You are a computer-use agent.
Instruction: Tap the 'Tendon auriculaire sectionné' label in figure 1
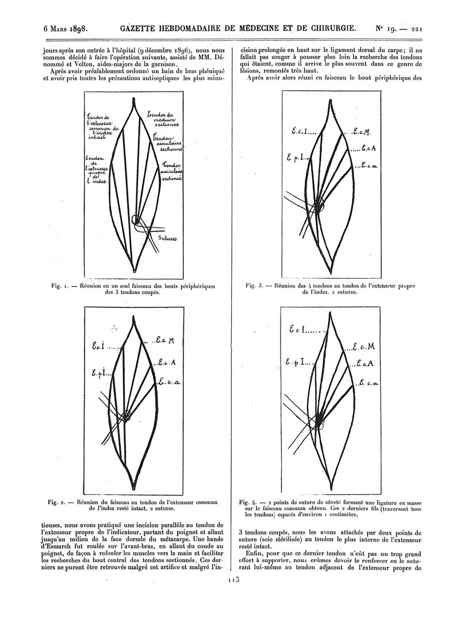pyautogui.click(x=172, y=171)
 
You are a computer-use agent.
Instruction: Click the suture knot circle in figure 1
pyautogui.click(x=136, y=219)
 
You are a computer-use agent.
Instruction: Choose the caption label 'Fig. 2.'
pyautogui.click(x=54, y=501)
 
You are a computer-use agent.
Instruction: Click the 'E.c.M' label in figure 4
pyautogui.click(x=365, y=346)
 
